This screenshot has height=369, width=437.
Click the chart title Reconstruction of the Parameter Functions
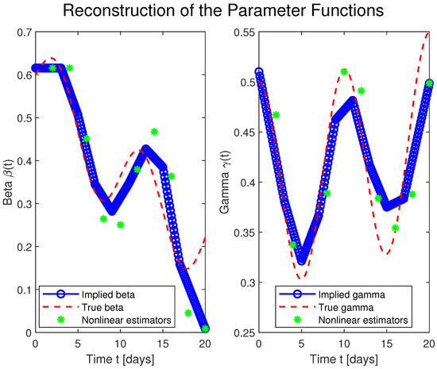click(218, 11)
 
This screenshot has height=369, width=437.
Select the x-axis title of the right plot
click(343, 358)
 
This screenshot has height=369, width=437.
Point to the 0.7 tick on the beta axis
click(24, 32)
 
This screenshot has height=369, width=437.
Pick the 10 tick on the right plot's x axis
click(343, 344)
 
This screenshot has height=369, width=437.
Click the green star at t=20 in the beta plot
click(206, 328)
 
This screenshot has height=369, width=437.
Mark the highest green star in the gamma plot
click(344, 71)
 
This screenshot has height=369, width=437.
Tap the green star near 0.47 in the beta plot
click(154, 131)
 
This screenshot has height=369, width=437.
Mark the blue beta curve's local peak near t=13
click(146, 150)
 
